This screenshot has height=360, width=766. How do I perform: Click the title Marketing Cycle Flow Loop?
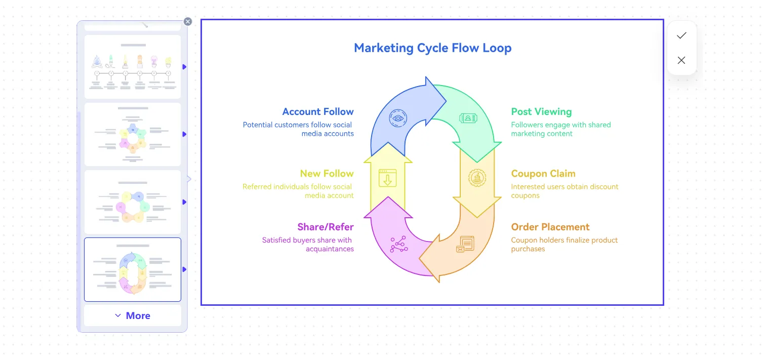(432, 48)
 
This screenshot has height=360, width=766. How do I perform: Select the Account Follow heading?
(318, 112)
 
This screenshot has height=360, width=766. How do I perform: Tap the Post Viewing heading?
(541, 112)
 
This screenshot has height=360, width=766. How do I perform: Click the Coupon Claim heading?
(543, 174)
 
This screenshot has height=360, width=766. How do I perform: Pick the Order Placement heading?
(550, 227)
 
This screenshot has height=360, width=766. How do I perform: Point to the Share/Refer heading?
(326, 227)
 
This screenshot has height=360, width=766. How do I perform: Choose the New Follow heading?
(327, 174)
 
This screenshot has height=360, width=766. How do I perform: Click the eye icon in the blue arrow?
(398, 118)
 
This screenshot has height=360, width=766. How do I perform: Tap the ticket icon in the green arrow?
(468, 118)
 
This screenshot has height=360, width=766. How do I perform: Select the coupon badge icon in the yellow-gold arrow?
(476, 178)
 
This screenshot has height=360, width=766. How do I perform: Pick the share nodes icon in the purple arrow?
(399, 245)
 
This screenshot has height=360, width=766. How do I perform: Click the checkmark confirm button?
(681, 35)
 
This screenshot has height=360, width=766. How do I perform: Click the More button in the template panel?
(132, 315)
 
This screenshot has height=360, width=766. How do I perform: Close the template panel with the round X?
(188, 21)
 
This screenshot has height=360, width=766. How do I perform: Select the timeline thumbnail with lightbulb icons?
(132, 67)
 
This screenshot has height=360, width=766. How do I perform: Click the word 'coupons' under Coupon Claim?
(525, 195)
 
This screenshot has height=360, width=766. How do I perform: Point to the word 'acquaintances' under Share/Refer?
(330, 249)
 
